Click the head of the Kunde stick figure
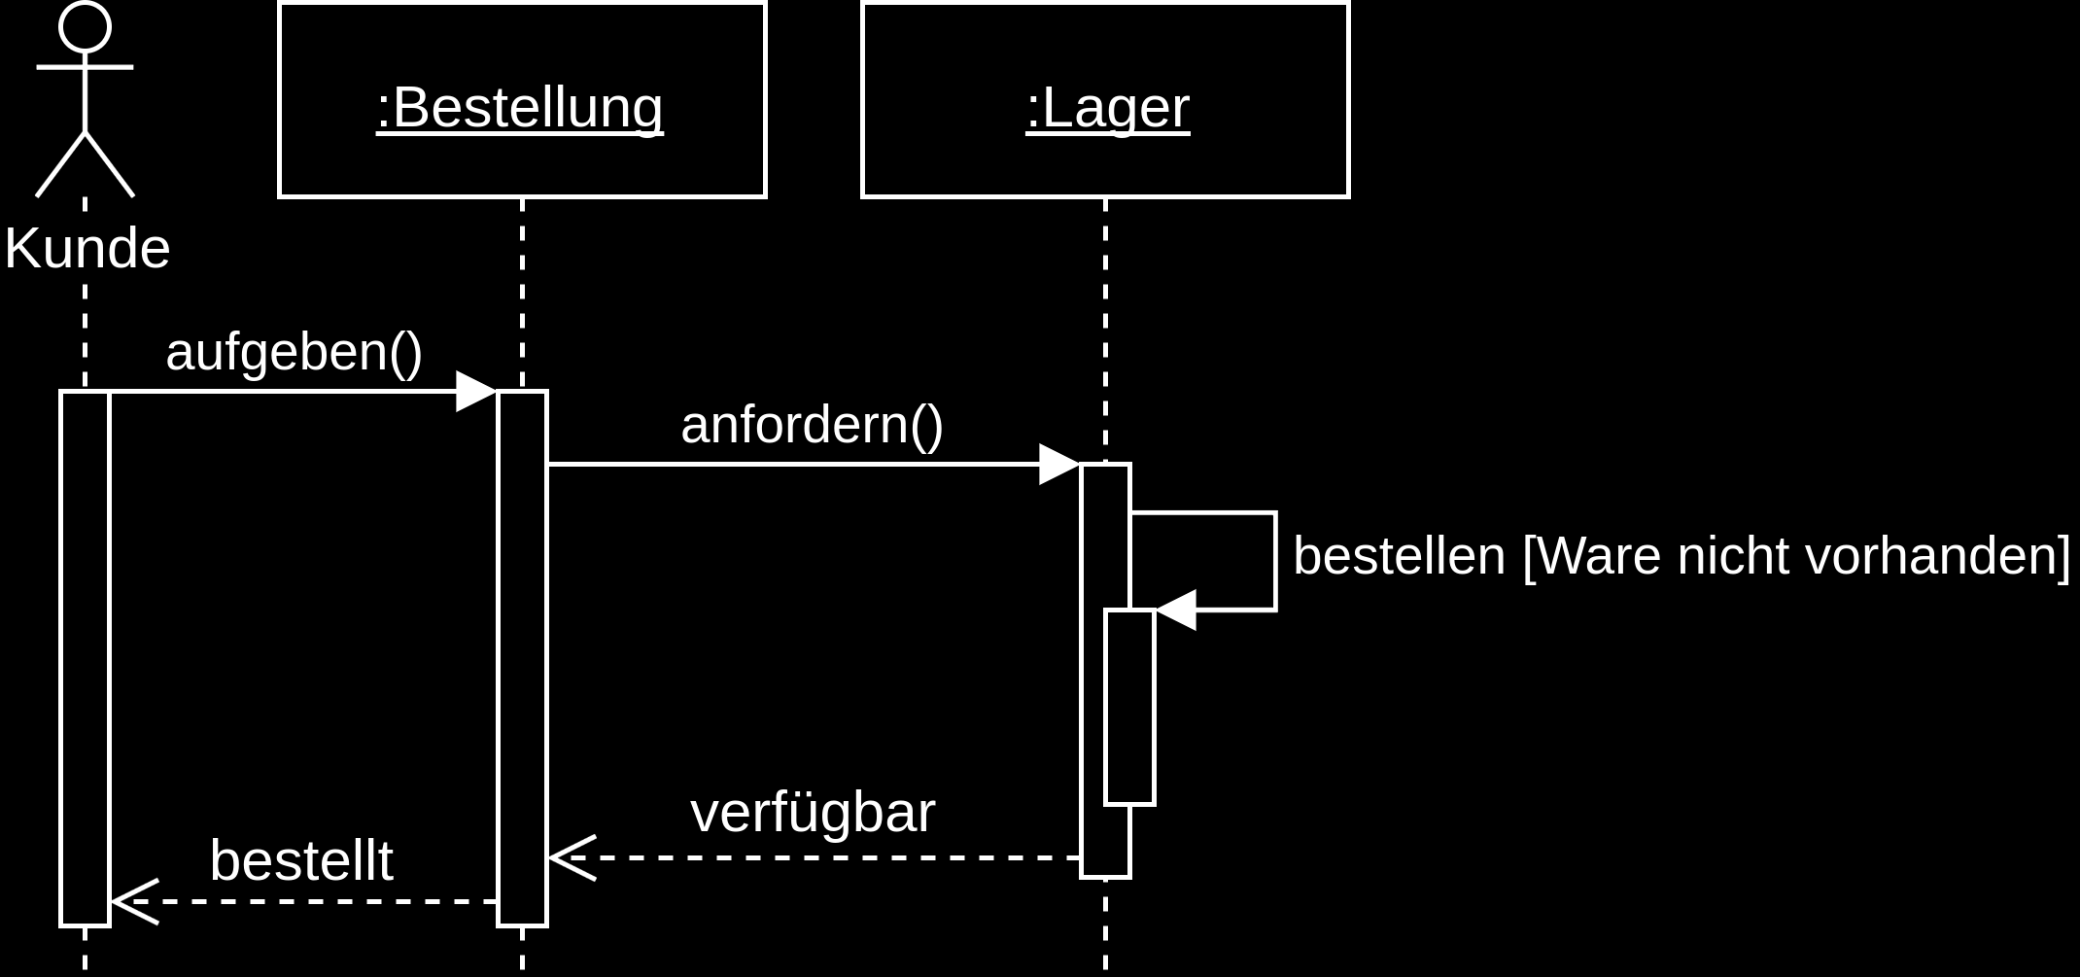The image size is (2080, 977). click(85, 26)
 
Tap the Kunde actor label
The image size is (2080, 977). click(87, 249)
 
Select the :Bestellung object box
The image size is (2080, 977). click(522, 100)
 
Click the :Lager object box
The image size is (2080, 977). click(1105, 100)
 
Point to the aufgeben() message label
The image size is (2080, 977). click(294, 351)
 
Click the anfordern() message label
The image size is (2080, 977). click(812, 425)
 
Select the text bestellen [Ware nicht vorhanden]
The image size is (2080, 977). click(1681, 556)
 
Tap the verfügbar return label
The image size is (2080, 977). click(813, 813)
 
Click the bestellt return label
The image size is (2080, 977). click(301, 861)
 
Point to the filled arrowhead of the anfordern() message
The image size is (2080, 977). click(1059, 465)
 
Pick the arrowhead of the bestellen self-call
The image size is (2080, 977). click(1176, 611)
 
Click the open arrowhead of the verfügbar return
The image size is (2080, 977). click(572, 858)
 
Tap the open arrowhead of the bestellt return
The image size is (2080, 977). click(134, 902)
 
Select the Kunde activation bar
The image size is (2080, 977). click(85, 658)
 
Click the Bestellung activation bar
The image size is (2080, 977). click(522, 658)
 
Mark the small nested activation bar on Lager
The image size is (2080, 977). click(1129, 707)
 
